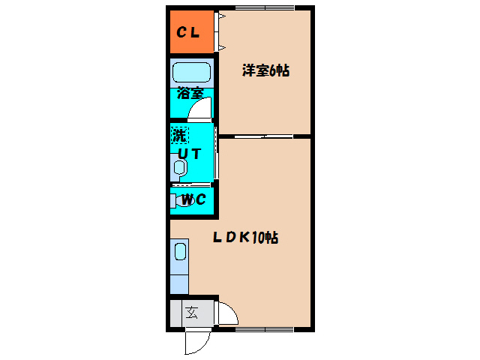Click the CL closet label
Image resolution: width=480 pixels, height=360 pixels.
[187, 32]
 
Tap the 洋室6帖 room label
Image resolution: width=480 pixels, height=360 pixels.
[265, 71]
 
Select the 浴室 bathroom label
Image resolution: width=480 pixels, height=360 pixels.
[190, 94]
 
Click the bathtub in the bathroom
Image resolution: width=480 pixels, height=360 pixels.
[190, 73]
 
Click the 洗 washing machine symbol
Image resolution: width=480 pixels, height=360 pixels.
[179, 136]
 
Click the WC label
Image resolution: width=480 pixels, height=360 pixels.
[193, 200]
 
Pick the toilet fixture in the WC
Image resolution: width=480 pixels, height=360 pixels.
[176, 200]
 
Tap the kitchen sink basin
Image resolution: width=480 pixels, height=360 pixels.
[180, 250]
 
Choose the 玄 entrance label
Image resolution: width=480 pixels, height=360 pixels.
[192, 312]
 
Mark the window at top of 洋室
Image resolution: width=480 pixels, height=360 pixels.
[264, 8]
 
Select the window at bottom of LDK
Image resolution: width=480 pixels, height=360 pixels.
[264, 329]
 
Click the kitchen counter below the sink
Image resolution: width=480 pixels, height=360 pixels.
[180, 280]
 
